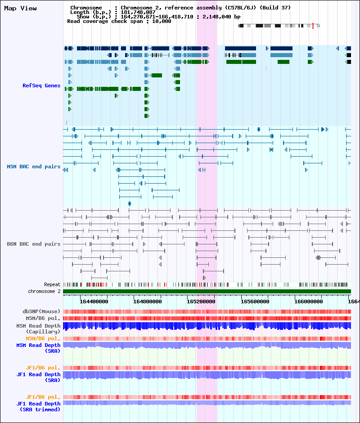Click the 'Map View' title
pos(21,9)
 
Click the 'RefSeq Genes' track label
pos(41,85)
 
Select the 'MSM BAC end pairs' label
pos(34,166)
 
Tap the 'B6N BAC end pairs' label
pos(34,244)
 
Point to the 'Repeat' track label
pos(52,284)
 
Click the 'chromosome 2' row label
pos(44,291)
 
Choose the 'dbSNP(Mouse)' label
pos(41,311)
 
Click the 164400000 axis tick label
pos(94,301)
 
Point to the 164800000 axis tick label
pos(148,301)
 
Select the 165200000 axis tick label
pos(201,301)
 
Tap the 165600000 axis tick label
pos(255,301)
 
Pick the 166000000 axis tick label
pos(308,301)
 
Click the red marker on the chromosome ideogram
pos(313,26)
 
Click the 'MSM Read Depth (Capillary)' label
pos(38,329)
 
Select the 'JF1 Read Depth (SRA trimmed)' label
pos(38,406)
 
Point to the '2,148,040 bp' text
pos(221,17)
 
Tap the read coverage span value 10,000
pos(162,21)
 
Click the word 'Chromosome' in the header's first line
pos(86,8)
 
